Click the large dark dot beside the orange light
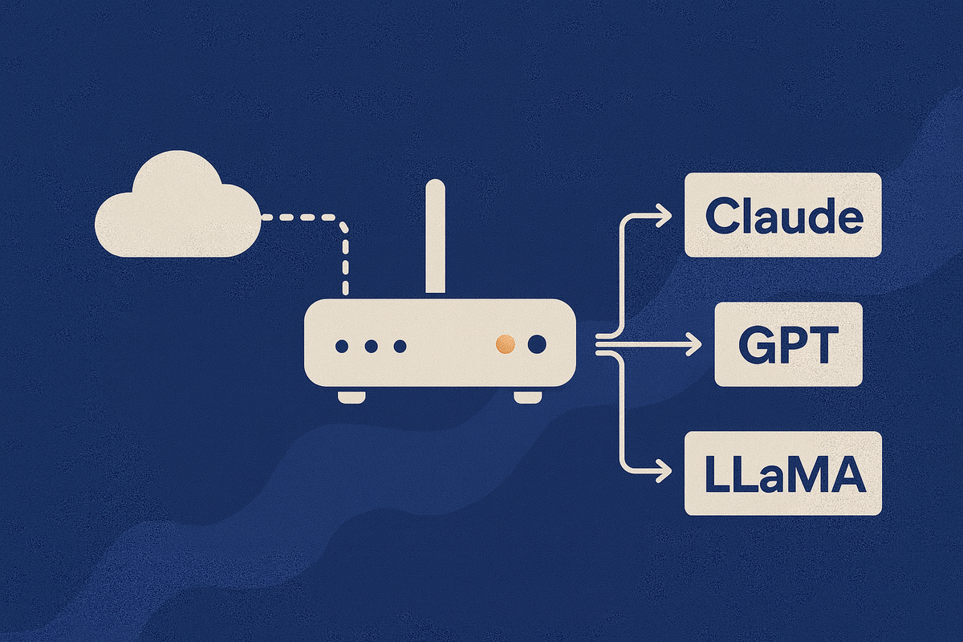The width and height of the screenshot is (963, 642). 536,344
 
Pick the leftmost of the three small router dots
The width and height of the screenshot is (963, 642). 342,346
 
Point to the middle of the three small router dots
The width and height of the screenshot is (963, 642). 371,346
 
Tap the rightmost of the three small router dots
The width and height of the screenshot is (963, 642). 400,346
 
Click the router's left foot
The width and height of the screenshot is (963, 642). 351,396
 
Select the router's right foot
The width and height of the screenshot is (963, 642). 527,396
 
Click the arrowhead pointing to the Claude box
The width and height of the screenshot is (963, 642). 664,214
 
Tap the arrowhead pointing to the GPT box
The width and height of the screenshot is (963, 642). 693,346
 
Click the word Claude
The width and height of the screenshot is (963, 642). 783,215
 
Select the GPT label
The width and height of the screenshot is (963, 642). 788,345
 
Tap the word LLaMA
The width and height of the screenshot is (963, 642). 783,474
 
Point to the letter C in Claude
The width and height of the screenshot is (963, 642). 721,215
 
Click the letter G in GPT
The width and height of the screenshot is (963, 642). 754,345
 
